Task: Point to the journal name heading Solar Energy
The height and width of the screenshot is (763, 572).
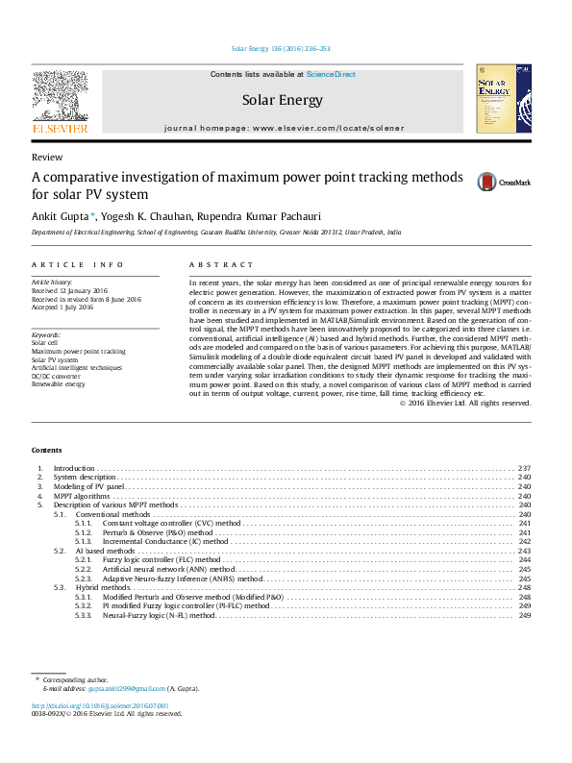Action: pos(282,100)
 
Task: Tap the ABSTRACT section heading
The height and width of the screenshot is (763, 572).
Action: pos(221,264)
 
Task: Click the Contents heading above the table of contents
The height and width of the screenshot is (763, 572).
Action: pos(46,451)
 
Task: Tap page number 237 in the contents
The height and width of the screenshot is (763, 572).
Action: pos(524,468)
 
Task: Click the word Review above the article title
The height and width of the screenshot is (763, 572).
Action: pos(47,157)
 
